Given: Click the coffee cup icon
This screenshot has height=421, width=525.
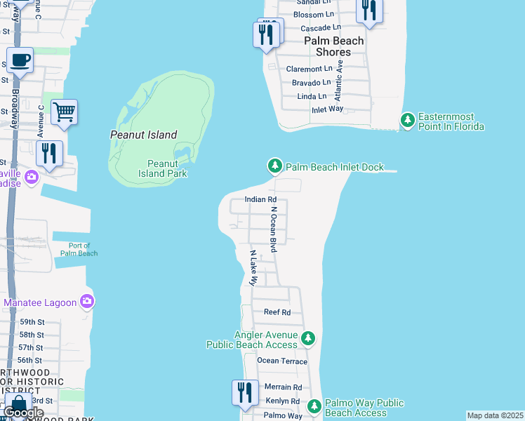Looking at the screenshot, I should [x=20, y=60].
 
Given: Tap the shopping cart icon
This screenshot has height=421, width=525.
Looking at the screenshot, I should [x=64, y=112].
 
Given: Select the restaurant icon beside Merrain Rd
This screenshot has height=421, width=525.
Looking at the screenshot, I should [x=245, y=392].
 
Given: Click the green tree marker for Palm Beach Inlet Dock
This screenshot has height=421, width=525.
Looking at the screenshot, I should [x=274, y=166].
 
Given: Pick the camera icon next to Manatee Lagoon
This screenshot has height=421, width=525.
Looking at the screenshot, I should [x=86, y=302].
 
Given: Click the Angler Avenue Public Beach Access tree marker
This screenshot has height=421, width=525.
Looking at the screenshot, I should [x=307, y=339].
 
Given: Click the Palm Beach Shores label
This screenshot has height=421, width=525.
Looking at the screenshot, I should [x=333, y=46].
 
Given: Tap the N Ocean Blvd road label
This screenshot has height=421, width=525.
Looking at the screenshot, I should [x=274, y=229].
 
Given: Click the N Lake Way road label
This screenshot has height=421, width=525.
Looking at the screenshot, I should [x=253, y=267].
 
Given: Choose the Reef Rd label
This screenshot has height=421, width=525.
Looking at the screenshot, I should [x=277, y=312].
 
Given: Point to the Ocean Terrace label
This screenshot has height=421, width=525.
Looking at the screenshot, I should [x=282, y=361].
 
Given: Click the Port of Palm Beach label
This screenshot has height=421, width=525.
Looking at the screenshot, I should [x=79, y=249].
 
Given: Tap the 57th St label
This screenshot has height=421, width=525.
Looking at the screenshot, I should [x=31, y=347].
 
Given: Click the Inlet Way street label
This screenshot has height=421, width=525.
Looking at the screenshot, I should [x=327, y=109].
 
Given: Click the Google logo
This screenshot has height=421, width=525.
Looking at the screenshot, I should [x=24, y=413].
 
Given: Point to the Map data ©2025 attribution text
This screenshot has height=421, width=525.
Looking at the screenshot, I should [x=495, y=415].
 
